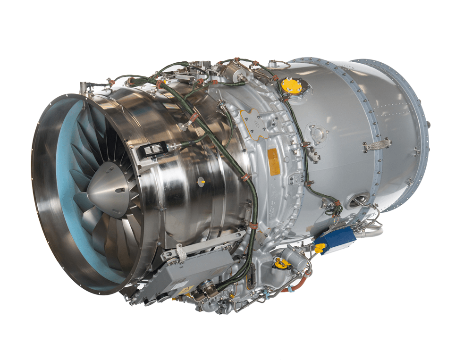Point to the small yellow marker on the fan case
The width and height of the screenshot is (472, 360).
pos(201,180)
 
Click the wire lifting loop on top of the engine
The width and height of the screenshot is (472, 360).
pos(278,64)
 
